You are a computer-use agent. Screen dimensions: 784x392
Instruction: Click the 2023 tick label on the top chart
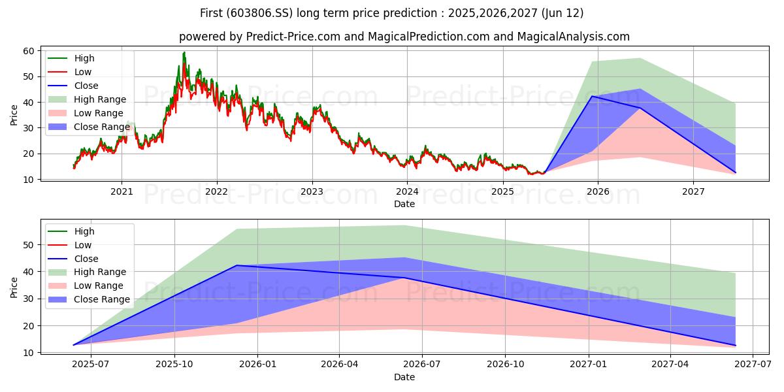[312, 192]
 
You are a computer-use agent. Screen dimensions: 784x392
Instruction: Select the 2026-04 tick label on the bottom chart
[340, 365]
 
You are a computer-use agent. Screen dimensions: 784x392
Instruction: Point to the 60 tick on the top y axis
[29, 51]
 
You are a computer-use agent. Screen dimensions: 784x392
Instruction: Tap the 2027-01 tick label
[589, 365]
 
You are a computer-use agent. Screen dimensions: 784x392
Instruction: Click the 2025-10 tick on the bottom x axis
[174, 365]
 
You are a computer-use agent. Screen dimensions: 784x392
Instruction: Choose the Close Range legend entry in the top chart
[89, 127]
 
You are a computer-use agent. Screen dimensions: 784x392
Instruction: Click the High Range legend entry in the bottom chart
[87, 272]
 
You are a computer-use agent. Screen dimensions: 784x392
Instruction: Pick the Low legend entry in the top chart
[70, 72]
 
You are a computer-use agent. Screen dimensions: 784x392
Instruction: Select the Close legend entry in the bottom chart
[73, 259]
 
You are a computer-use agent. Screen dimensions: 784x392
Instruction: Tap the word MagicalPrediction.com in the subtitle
[428, 37]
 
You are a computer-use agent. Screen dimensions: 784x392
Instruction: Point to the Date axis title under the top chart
[404, 204]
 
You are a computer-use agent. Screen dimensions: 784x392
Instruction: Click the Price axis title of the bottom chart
[14, 287]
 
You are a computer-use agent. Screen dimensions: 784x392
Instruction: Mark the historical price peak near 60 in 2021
[184, 53]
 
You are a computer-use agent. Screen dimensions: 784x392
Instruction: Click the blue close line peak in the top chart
[592, 96]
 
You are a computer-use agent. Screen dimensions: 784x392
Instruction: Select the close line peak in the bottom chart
[237, 265]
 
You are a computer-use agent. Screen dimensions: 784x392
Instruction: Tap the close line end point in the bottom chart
[736, 346]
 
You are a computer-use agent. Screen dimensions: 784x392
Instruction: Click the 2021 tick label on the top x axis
[122, 192]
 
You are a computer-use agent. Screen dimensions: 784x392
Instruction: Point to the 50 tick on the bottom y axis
[29, 245]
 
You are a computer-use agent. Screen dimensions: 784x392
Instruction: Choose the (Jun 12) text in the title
[563, 13]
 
